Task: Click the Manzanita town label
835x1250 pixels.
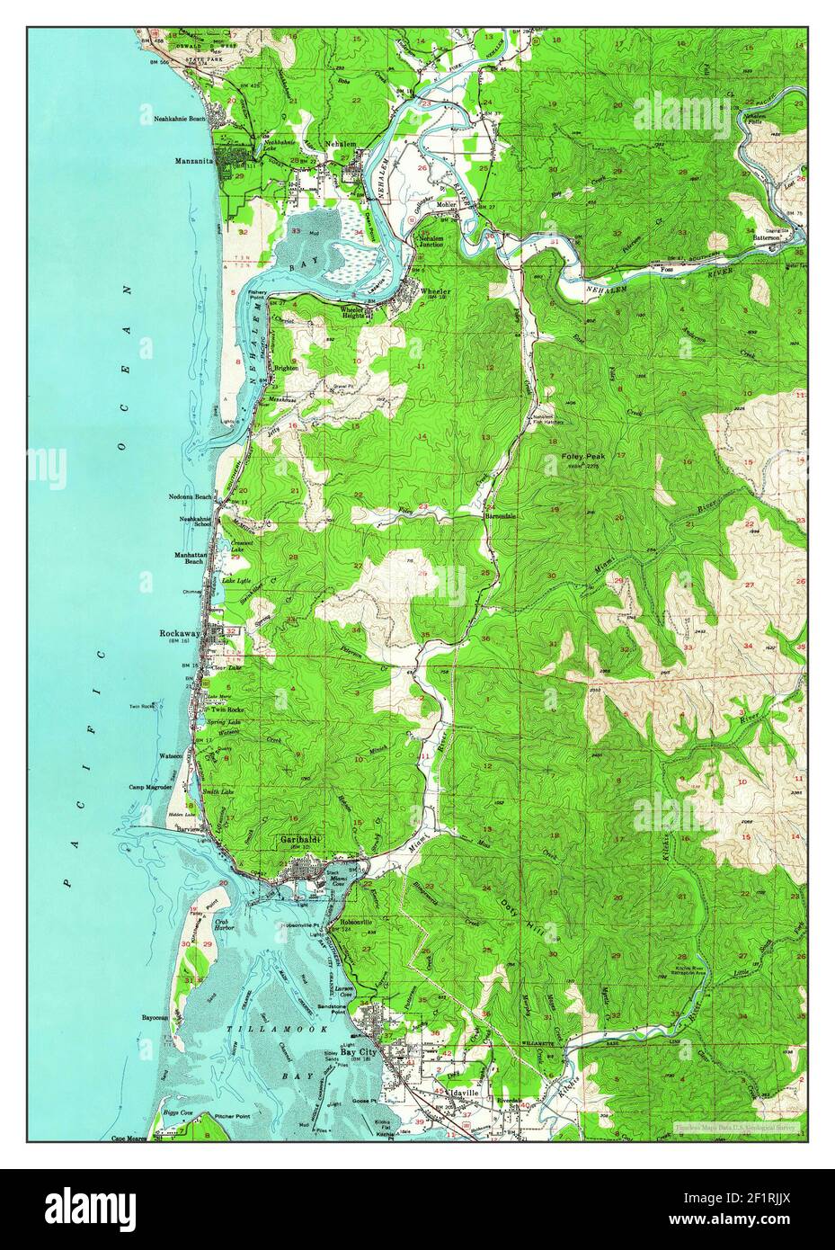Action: (195, 161)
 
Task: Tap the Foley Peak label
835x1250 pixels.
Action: (583, 457)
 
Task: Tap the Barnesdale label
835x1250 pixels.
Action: (502, 517)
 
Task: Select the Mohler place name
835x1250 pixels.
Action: (447, 205)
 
